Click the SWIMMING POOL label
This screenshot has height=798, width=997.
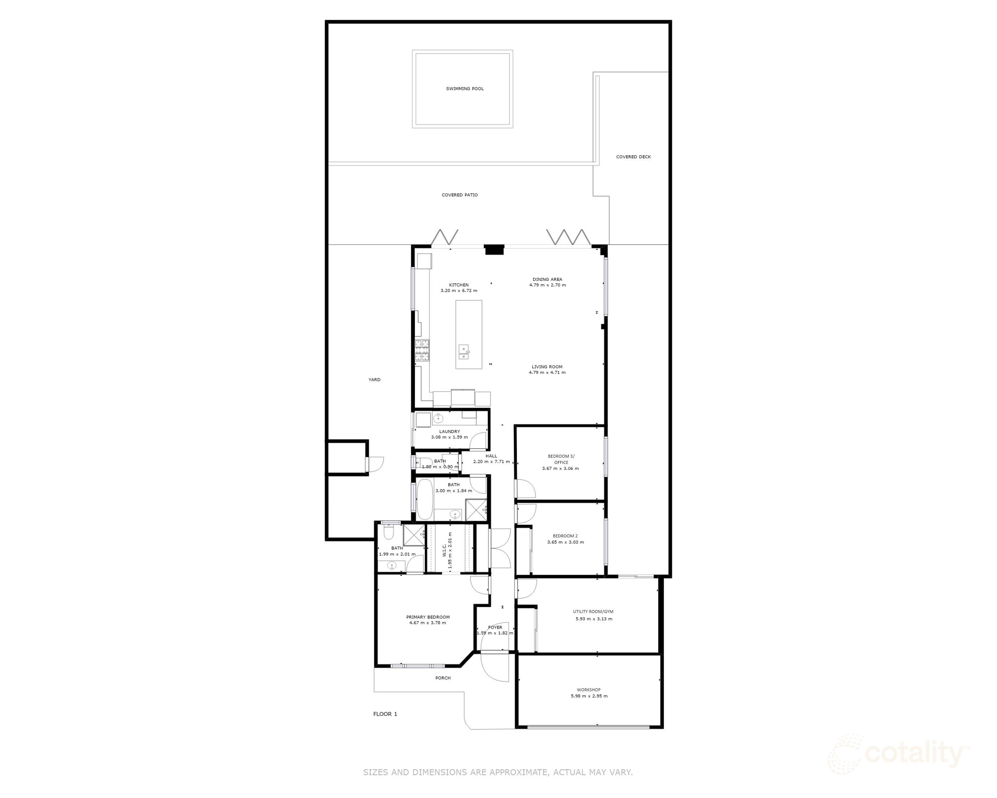pos(465,88)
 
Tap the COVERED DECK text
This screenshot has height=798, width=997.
pos(633,157)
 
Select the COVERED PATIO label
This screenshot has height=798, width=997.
pos(460,195)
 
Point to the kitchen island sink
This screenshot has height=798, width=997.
pos(463,352)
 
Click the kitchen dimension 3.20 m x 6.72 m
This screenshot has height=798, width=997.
pos(459,291)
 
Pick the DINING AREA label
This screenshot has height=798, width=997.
pos(547,279)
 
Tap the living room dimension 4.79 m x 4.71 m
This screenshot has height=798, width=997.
pos(547,372)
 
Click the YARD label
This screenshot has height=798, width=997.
pos(374,379)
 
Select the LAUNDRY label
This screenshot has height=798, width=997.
pos(450,431)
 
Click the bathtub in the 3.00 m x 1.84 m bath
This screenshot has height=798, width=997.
pos(425,499)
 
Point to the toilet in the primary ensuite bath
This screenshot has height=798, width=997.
pos(388,533)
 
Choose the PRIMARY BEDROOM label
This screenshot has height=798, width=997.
pos(428,617)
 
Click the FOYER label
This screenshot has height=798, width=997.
pos(495,627)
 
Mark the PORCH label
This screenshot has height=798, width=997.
pos(443,678)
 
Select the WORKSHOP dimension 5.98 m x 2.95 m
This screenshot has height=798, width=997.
pos(589,696)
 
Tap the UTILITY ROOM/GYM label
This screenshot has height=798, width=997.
pos(593,612)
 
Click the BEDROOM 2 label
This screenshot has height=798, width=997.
pos(565,536)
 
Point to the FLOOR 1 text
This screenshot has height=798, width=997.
pos(385,714)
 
